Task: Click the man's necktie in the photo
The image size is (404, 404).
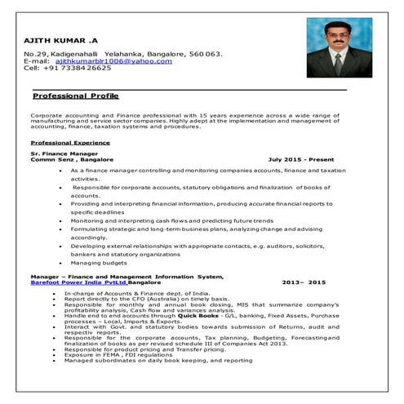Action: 336,64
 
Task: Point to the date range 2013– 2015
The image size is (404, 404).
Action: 303,282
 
